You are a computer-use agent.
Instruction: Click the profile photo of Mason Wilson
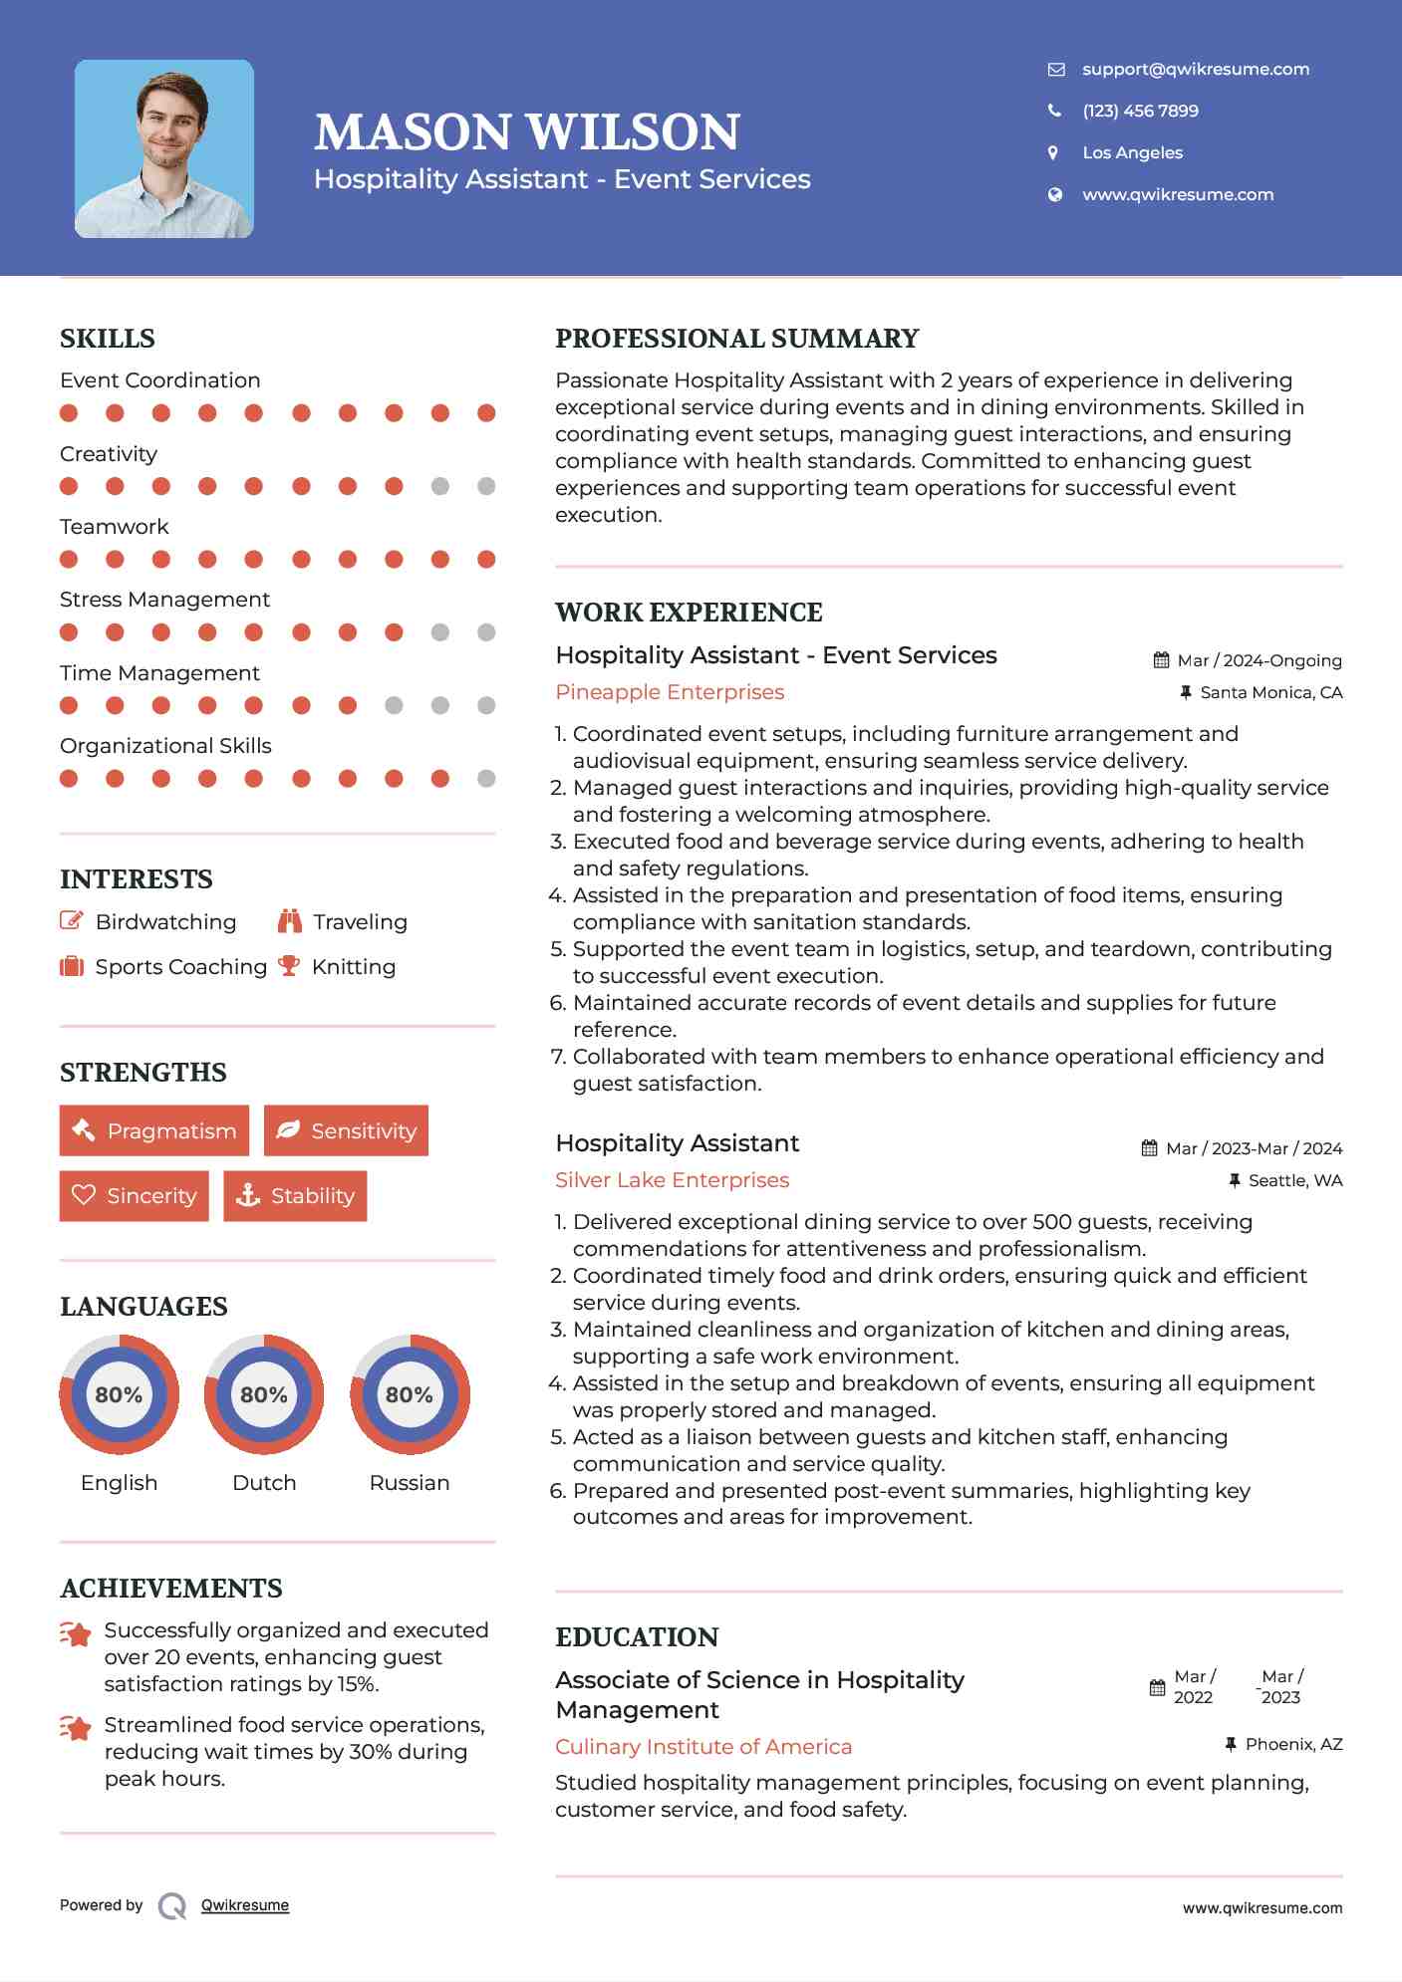pos(164,149)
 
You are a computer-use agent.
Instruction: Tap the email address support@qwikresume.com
pos(1195,70)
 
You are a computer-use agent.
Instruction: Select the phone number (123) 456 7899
pos(1140,112)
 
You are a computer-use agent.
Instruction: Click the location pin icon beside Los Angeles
pos(1053,153)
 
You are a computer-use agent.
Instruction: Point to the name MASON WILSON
pos(527,132)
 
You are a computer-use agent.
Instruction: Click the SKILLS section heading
pos(108,339)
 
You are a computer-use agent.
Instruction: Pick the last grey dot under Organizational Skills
pos(486,779)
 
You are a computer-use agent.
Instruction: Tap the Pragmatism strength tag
pos(154,1131)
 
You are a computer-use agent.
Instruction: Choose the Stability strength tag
pos(295,1196)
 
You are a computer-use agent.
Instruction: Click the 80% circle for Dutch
pos(264,1394)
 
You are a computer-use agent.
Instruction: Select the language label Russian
pos(409,1483)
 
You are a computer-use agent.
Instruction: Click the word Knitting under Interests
pos(354,967)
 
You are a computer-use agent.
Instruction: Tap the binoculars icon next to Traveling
pos(290,921)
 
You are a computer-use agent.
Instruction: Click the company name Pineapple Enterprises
pos(670,692)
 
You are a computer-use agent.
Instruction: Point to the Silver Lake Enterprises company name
pos(672,1180)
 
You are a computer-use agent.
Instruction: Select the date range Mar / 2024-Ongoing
pos(1259,661)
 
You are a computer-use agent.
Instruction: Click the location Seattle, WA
pos(1294,1181)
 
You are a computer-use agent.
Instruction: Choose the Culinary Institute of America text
pos(703,1747)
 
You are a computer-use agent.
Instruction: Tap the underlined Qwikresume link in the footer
pos(245,1905)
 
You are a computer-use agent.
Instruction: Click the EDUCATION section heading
pos(637,1637)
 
